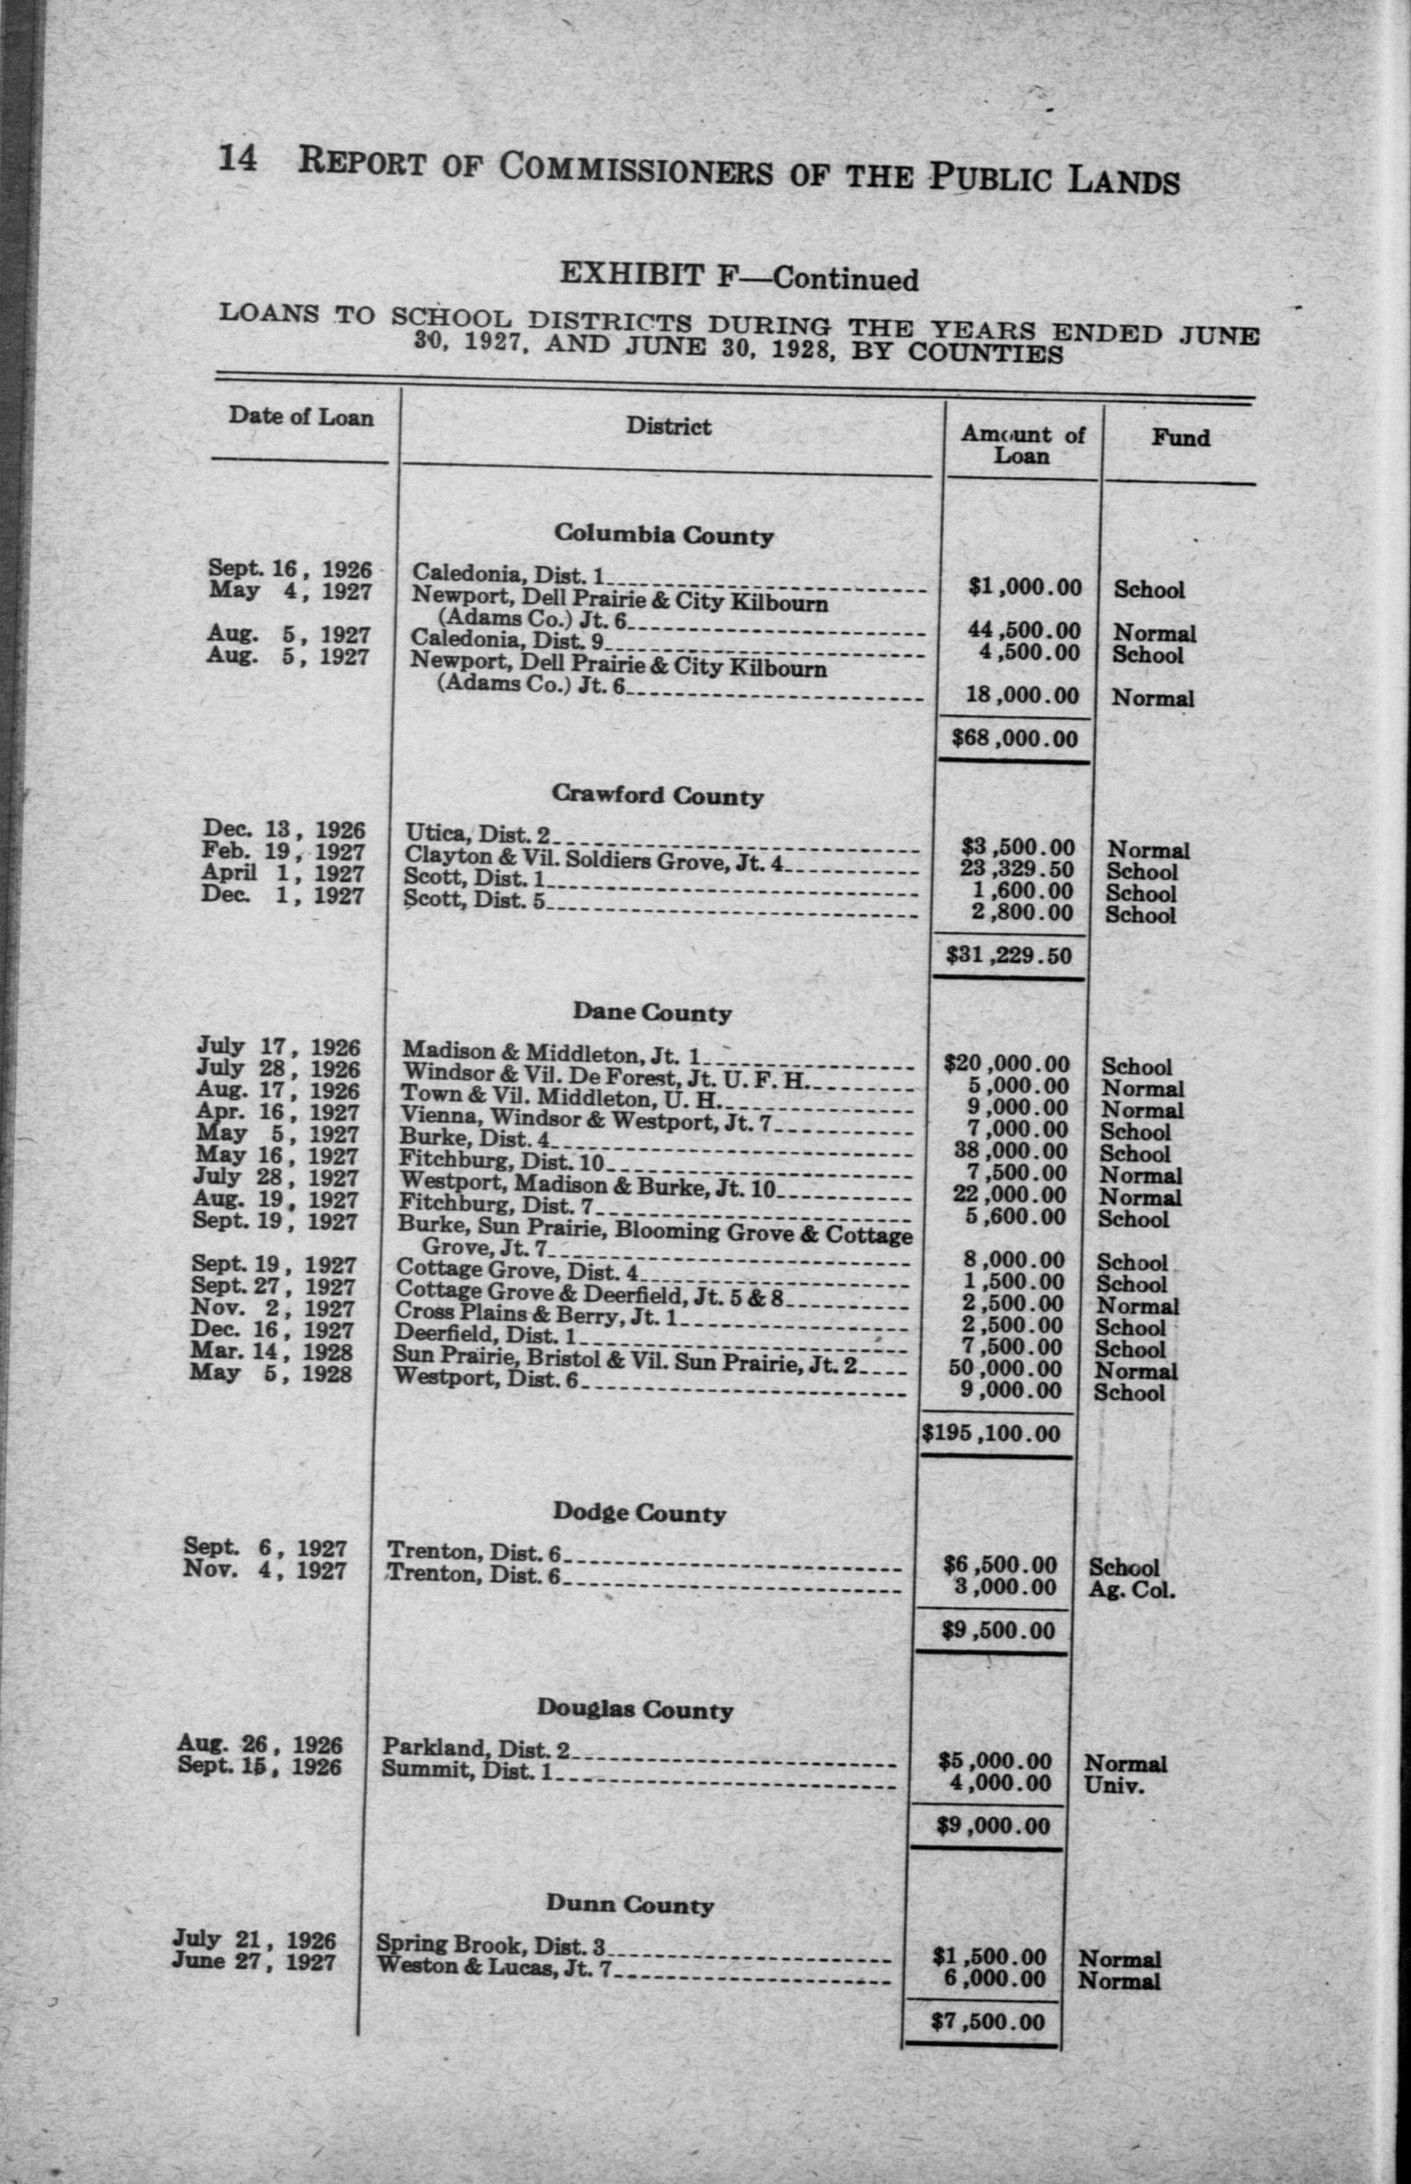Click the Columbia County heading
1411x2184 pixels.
(663, 534)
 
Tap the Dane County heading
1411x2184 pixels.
(652, 1012)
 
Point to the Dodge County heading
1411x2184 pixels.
(638, 1511)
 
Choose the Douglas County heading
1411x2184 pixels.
(635, 1710)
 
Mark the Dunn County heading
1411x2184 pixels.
(630, 1904)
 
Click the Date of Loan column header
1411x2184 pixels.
(300, 417)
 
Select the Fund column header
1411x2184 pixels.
(1180, 438)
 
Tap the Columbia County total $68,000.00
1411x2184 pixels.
(1014, 739)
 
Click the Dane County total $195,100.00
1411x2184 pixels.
(990, 1434)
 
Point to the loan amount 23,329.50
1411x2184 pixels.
(1019, 869)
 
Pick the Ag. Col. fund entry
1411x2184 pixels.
(1131, 1590)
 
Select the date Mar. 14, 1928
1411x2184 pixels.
(271, 1352)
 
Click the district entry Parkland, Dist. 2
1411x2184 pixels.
(476, 1747)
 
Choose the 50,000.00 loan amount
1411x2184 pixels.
(1006, 1369)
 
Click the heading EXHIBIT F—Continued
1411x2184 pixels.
(738, 277)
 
